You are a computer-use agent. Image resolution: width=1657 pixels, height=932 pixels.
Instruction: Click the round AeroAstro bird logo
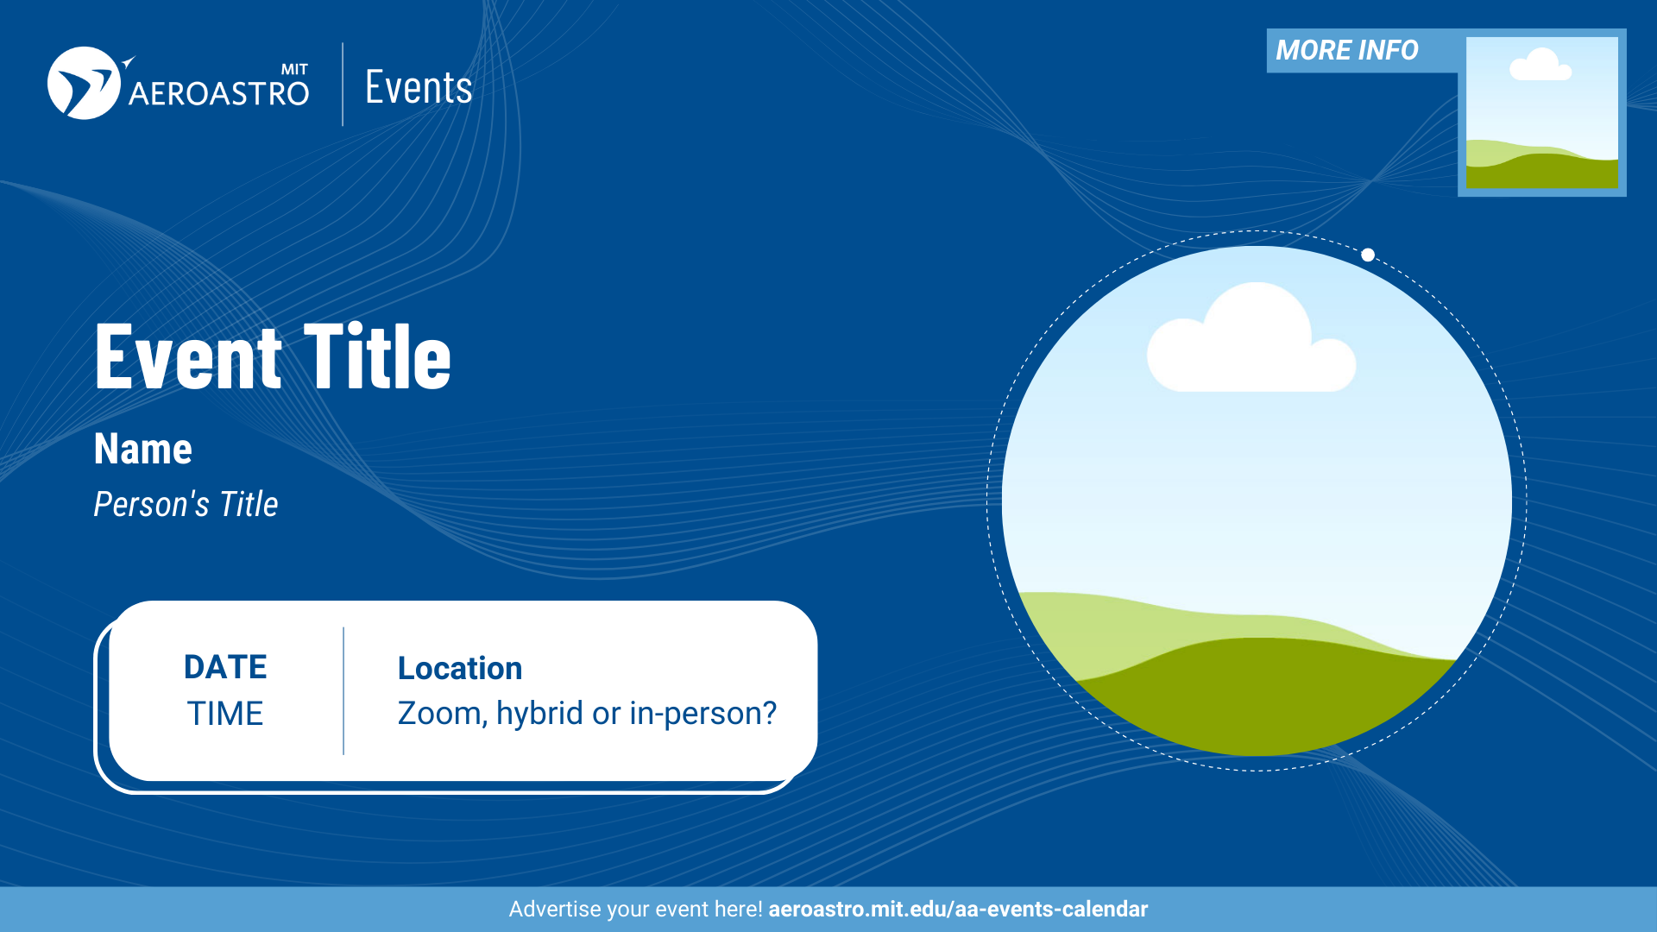pos(84,83)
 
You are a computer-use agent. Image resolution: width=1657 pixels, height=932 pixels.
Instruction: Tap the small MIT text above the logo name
pos(294,69)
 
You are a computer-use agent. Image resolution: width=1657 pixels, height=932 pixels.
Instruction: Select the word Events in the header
pos(419,87)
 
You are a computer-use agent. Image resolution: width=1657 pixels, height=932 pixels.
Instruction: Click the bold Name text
pos(143,449)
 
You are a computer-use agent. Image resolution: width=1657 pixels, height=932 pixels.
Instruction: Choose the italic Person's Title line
pos(186,504)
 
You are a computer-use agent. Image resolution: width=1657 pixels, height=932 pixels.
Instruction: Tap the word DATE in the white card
pos(225,667)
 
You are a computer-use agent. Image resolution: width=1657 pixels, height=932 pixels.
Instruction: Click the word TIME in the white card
pos(225,714)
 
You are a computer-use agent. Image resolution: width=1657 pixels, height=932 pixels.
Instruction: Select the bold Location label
pos(460,668)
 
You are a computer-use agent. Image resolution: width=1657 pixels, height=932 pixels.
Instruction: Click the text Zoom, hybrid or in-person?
pos(587,714)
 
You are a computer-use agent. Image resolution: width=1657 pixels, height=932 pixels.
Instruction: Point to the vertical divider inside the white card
pos(343,690)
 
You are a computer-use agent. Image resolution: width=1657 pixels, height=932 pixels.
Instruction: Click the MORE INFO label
pos(1347,50)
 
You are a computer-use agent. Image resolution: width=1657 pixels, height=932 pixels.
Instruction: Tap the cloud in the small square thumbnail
pos(1540,65)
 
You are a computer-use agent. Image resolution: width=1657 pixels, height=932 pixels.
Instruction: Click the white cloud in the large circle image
pos(1251,337)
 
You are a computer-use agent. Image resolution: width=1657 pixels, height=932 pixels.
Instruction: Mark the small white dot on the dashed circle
pos(1368,255)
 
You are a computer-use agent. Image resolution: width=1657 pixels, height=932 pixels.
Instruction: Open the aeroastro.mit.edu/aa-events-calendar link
pos(958,910)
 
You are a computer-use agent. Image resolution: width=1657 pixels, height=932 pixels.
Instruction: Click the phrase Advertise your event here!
pos(635,910)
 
